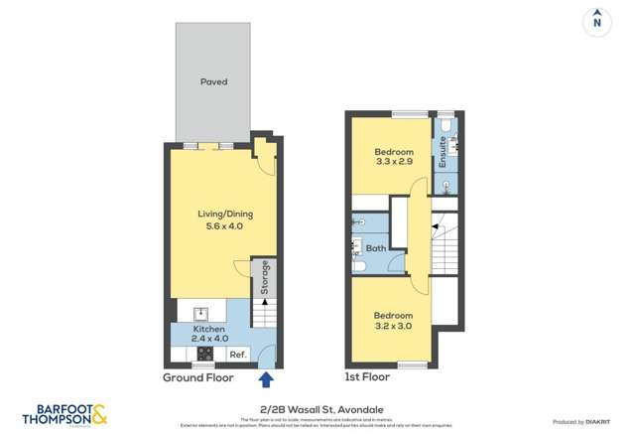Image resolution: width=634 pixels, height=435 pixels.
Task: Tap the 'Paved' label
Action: click(x=213, y=81)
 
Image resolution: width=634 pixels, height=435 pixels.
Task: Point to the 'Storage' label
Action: click(x=265, y=279)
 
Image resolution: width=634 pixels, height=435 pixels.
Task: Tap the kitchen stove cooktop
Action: click(x=205, y=353)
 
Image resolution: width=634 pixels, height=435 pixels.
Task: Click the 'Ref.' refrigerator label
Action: click(x=237, y=354)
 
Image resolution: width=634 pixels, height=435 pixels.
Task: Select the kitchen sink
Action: click(x=198, y=312)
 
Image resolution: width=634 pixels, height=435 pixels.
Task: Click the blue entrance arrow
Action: click(x=265, y=379)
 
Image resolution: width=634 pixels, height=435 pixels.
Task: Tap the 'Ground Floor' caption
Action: click(x=198, y=378)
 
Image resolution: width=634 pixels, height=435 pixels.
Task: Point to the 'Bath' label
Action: click(x=376, y=248)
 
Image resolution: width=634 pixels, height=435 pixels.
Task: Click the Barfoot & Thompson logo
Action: click(x=63, y=412)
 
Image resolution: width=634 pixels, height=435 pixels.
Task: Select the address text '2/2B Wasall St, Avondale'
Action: click(x=317, y=408)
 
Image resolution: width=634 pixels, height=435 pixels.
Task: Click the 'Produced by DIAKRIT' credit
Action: click(x=588, y=422)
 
